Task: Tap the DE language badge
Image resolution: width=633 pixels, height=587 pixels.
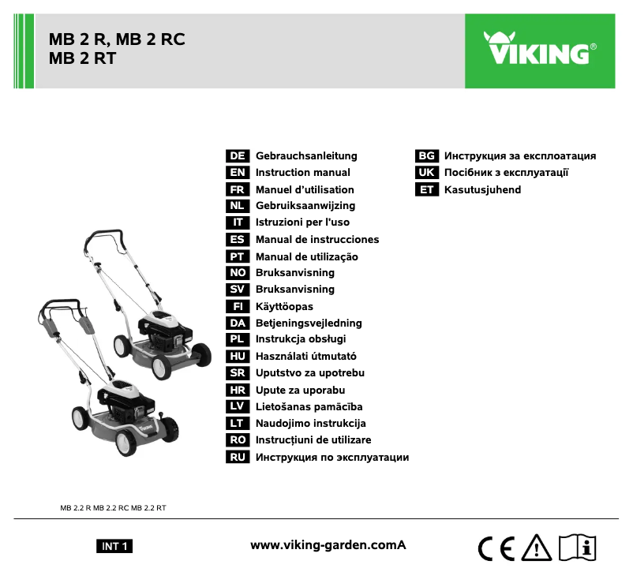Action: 238,156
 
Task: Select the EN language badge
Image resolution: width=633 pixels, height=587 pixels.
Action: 238,173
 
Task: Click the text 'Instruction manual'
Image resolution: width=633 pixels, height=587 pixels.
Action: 303,173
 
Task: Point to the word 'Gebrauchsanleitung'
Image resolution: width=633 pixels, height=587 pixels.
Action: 306,156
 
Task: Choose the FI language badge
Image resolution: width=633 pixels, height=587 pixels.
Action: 238,306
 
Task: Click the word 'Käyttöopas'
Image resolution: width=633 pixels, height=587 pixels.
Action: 284,306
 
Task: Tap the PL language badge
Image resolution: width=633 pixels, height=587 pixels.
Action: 238,339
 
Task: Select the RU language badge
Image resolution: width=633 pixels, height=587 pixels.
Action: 238,457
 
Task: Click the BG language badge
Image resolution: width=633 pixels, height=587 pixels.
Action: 427,156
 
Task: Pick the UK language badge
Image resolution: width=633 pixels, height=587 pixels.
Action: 427,173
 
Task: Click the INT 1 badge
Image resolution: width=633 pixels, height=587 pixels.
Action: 114,546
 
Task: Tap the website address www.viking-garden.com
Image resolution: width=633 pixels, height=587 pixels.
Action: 328,545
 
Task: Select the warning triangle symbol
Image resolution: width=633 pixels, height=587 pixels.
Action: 537,546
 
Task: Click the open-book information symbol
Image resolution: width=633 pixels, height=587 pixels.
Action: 579,546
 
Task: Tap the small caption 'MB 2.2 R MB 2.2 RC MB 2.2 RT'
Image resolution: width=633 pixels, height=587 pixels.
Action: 114,507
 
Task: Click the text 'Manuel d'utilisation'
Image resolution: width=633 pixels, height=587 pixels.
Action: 305,190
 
